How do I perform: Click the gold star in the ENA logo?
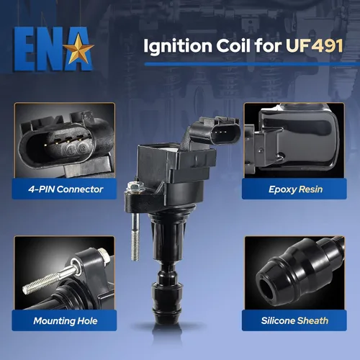(x=78, y=49)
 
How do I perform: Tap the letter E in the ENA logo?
(x=22, y=49)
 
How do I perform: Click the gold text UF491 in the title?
(x=314, y=45)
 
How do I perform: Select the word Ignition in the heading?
(x=178, y=47)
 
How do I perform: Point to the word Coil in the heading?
(x=233, y=45)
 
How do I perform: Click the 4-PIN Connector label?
(x=66, y=189)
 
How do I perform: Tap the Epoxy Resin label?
(x=295, y=189)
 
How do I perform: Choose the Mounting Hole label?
(x=66, y=321)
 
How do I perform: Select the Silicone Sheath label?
(x=294, y=320)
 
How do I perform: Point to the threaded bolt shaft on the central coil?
(x=135, y=236)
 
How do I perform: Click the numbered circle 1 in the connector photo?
(x=71, y=150)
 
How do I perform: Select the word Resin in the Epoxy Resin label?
(x=310, y=189)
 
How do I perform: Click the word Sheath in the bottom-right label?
(x=313, y=320)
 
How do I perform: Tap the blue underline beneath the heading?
(x=252, y=64)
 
